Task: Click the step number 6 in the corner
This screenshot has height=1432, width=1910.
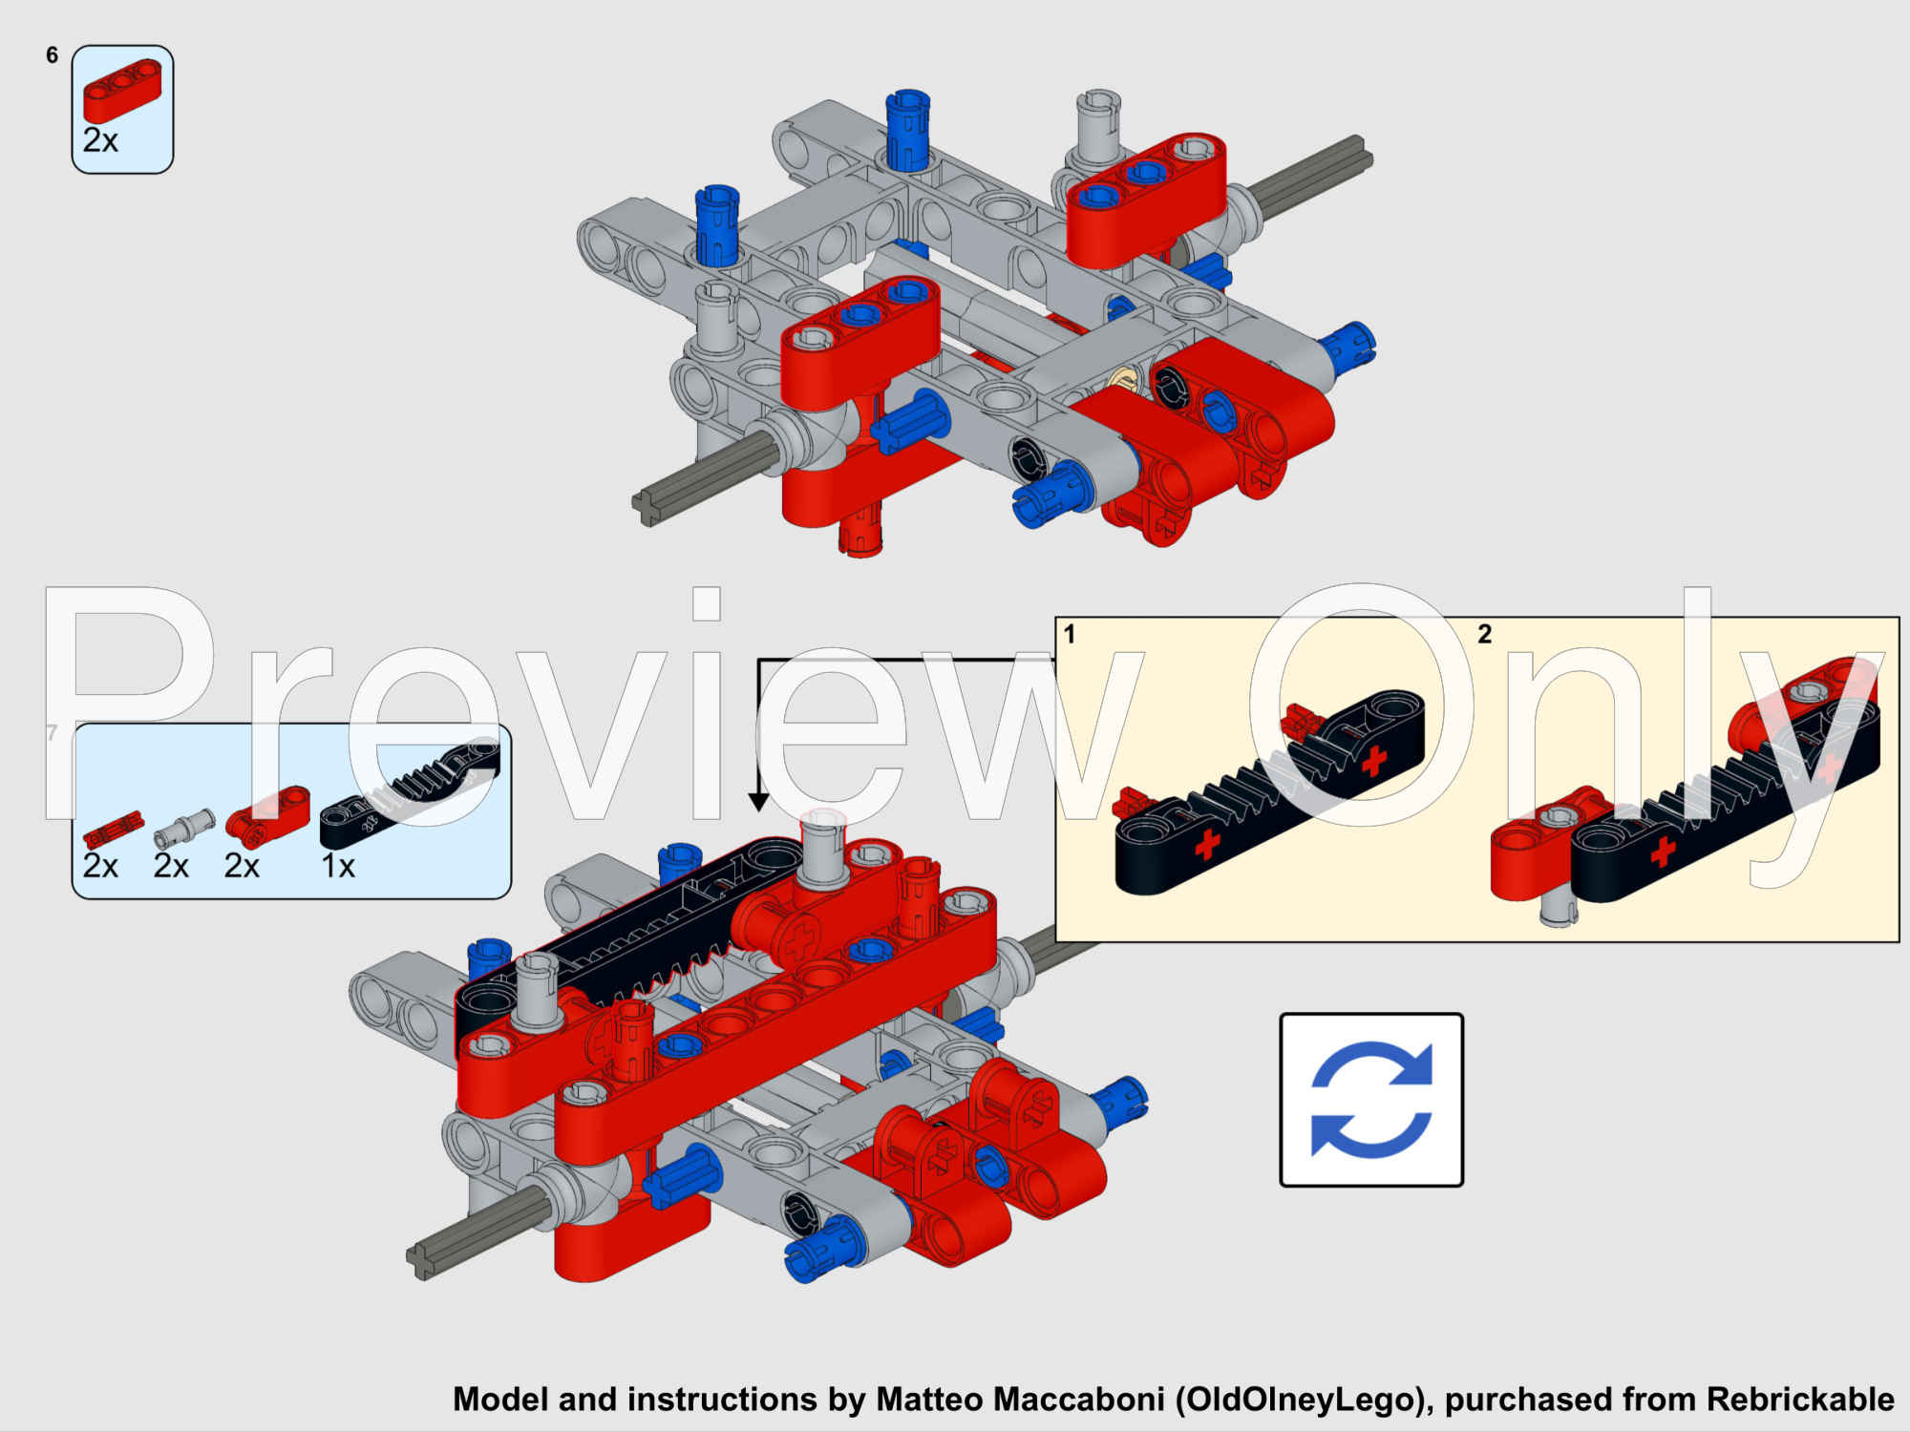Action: click(52, 55)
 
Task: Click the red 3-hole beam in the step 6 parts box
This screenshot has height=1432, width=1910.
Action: click(122, 90)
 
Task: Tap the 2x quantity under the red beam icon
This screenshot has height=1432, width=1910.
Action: click(100, 141)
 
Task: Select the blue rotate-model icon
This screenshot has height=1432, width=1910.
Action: click(1371, 1100)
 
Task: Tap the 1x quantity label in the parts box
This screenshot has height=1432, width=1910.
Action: click(337, 866)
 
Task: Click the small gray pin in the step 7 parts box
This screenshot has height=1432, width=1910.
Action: click(184, 827)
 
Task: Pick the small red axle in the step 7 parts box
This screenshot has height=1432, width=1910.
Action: click(113, 831)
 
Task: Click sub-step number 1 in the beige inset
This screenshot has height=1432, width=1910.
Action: click(1070, 634)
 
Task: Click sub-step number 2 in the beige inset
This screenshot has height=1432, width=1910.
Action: click(1484, 634)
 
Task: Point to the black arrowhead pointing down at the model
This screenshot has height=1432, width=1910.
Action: click(758, 802)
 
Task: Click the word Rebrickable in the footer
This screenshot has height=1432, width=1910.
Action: click(1800, 1399)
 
